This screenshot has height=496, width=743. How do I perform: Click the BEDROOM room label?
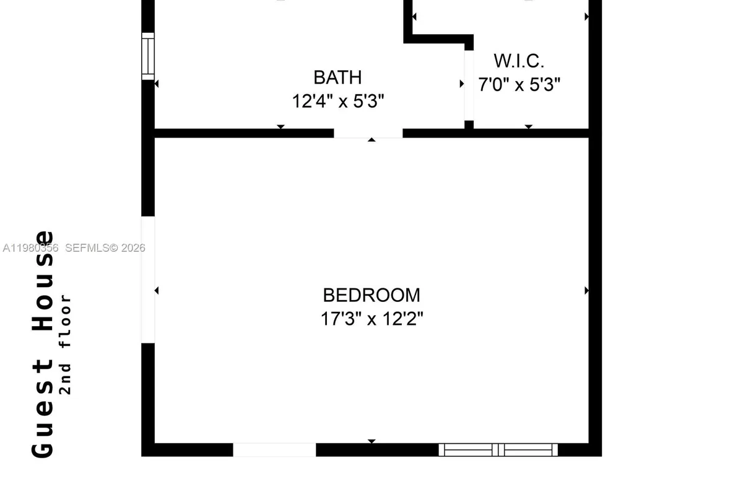coord(371,294)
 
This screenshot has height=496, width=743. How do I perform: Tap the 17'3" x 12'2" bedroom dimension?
coord(371,319)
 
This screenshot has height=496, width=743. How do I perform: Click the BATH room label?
coord(337,77)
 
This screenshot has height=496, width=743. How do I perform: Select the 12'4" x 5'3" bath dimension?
coord(338,101)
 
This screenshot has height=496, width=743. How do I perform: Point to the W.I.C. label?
coord(519,61)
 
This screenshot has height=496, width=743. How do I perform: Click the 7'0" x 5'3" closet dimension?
coord(519,84)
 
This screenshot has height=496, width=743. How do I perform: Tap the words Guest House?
coord(43,344)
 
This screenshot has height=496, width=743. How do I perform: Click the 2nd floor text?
coord(66,345)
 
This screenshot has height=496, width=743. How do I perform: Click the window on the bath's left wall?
coord(148,56)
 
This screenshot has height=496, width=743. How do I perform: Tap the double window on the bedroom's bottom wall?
coord(498,449)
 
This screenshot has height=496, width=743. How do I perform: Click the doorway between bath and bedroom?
coord(368,133)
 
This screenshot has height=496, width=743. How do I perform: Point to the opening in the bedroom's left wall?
coord(148,279)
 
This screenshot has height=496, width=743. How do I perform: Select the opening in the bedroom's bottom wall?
coord(274,449)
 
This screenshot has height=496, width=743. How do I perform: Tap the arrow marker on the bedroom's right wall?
coord(586,290)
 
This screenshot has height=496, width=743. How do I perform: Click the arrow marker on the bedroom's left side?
coord(157,290)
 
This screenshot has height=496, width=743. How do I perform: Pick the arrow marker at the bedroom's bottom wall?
coord(371,441)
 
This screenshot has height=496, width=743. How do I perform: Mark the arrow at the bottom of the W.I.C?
coord(529,126)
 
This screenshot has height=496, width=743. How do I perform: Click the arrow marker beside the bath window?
coord(157,84)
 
